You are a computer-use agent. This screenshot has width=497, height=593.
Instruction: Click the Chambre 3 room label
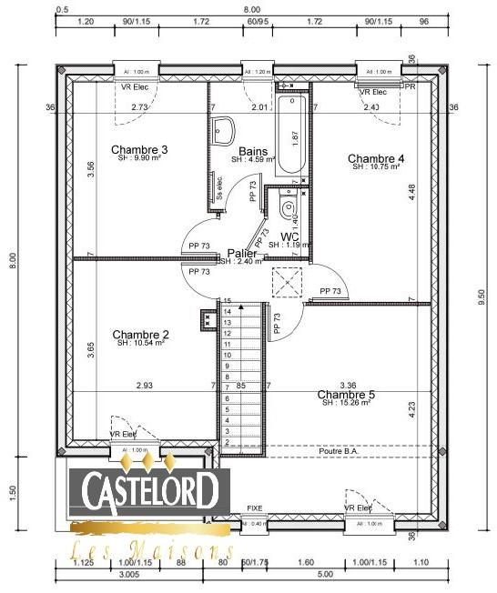pyautogui.click(x=139, y=149)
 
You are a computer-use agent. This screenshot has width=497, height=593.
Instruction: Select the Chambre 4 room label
pyautogui.click(x=376, y=158)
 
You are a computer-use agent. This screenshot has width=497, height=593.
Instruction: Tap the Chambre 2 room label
pyautogui.click(x=139, y=334)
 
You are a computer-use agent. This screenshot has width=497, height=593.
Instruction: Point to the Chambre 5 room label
pyautogui.click(x=346, y=395)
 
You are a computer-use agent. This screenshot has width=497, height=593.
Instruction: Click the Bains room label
pyautogui.click(x=252, y=151)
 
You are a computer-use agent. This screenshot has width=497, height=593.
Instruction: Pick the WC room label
pyautogui.click(x=290, y=236)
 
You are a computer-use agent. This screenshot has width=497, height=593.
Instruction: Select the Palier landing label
pyautogui.click(x=241, y=253)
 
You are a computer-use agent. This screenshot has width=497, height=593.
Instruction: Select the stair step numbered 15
pyautogui.click(x=228, y=301)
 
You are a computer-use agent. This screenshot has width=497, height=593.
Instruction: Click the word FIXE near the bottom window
pyautogui.click(x=255, y=508)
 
